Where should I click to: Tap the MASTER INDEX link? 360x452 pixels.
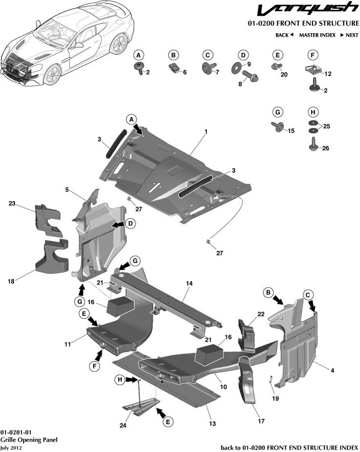click(316, 35)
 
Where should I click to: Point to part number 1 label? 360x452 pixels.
click(206, 132)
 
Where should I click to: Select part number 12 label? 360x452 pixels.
click(328, 74)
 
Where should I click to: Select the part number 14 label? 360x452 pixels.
click(190, 283)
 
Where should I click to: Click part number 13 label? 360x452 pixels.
click(212, 425)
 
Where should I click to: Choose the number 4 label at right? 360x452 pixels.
click(333, 371)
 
